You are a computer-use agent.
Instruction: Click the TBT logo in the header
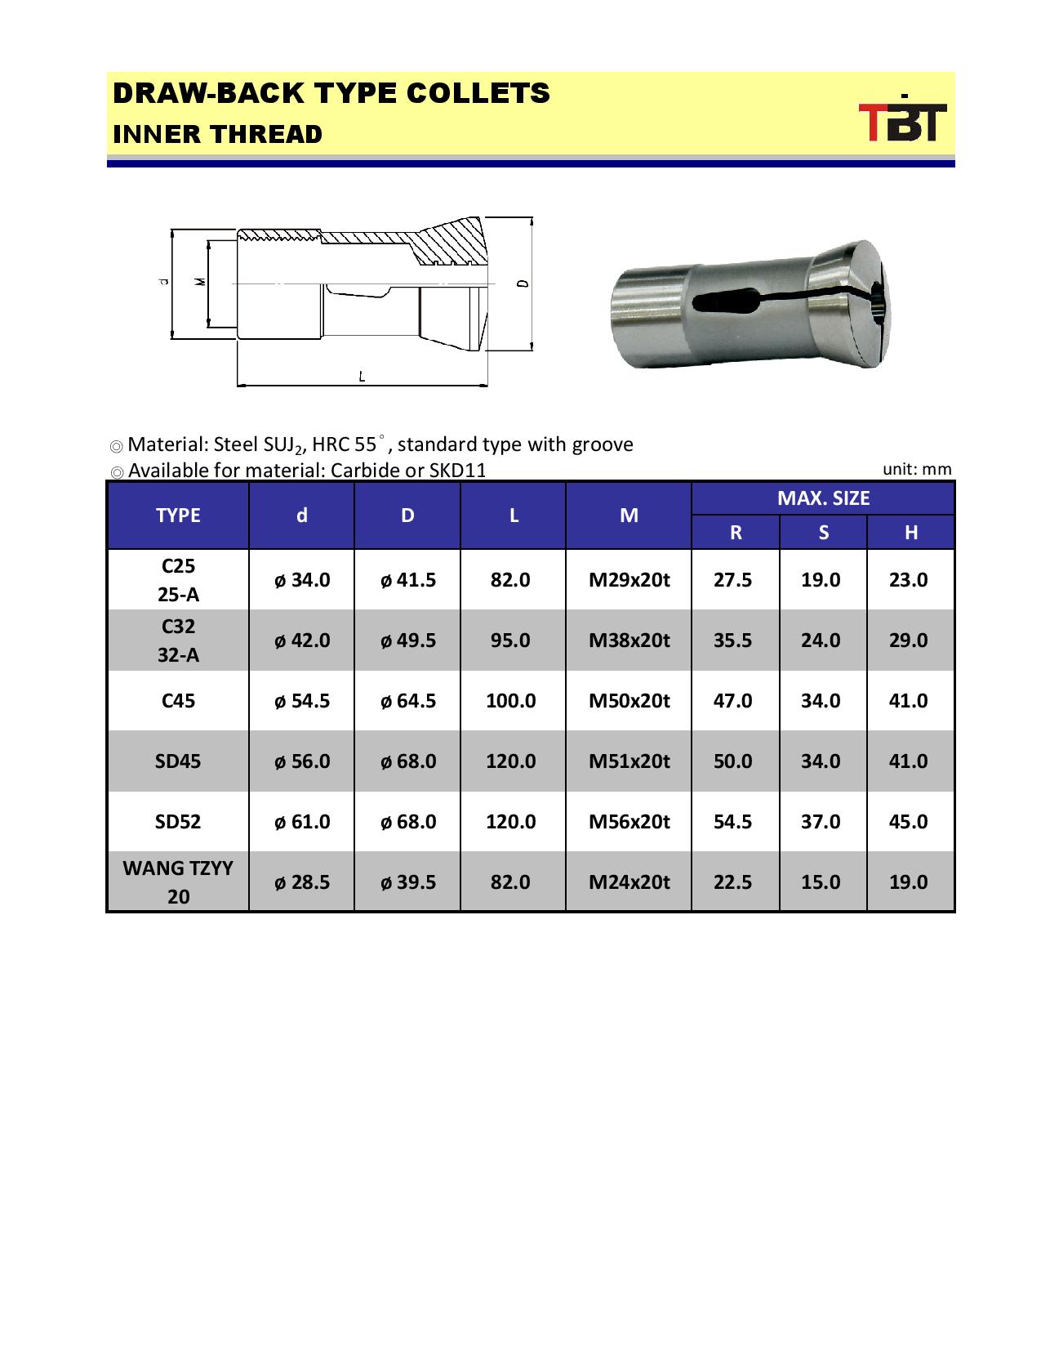pyautogui.click(x=902, y=122)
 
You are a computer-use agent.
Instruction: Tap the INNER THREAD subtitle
pyautogui.click(x=217, y=135)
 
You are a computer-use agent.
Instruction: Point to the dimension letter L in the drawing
pyautogui.click(x=362, y=377)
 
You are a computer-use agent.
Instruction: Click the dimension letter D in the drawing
pyautogui.click(x=523, y=283)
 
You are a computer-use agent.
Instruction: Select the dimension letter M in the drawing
pyautogui.click(x=201, y=282)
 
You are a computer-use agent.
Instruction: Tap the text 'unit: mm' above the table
pyautogui.click(x=917, y=469)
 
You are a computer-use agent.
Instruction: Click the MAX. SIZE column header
pyautogui.click(x=823, y=498)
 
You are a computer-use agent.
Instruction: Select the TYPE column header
pyautogui.click(x=178, y=516)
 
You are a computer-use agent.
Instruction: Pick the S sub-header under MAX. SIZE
pyautogui.click(x=823, y=533)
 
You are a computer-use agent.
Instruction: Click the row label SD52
pyautogui.click(x=178, y=822)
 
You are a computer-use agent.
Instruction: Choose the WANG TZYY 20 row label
pyautogui.click(x=178, y=882)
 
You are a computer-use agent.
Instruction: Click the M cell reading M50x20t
pyautogui.click(x=629, y=701)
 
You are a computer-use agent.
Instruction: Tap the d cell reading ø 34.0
pyautogui.click(x=302, y=580)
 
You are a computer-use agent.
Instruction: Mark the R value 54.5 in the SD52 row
pyautogui.click(x=732, y=822)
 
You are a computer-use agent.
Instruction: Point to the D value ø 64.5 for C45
pyautogui.click(x=407, y=701)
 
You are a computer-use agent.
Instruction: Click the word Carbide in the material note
pyautogui.click(x=363, y=471)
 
